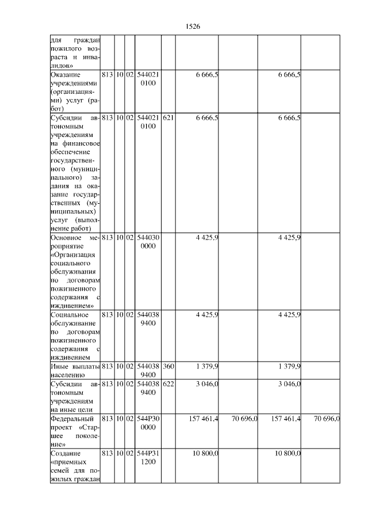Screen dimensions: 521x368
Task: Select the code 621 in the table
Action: tap(167, 117)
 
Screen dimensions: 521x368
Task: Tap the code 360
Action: tap(167, 366)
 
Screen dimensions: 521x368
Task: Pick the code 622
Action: tap(167, 383)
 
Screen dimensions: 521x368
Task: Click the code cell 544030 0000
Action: tap(148, 242)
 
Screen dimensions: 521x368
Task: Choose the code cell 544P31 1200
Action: tap(148, 458)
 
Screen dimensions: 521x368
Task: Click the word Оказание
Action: tap(66, 75)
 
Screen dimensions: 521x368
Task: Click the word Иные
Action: tap(60, 366)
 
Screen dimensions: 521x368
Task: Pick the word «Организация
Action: tap(73, 254)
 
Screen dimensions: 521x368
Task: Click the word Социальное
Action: tap(70, 314)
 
